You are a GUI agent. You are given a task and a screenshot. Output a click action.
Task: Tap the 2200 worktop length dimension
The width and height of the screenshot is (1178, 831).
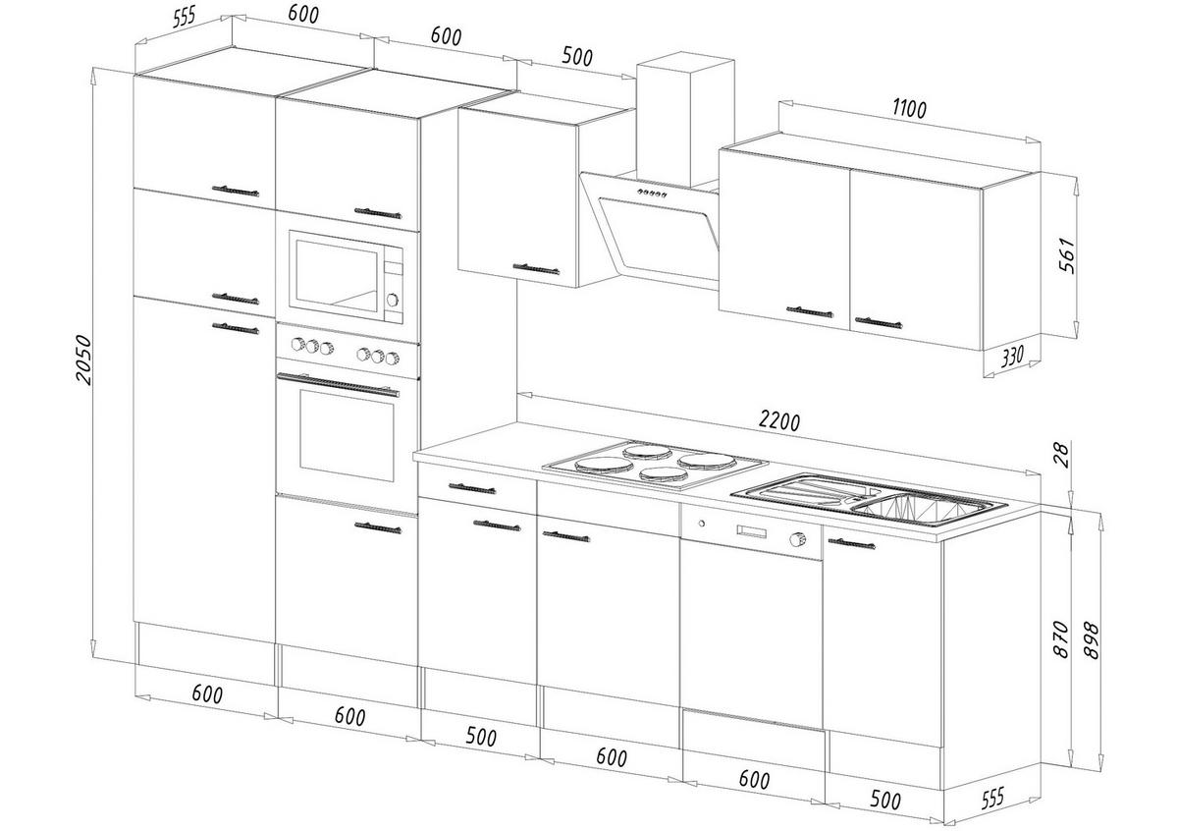pos(779,420)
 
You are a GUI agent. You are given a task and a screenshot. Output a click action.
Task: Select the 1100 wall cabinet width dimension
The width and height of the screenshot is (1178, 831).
pos(910,109)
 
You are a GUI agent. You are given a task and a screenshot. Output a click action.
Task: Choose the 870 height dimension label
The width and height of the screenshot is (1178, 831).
pos(1059,638)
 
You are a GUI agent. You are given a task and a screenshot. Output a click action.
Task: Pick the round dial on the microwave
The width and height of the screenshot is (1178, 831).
pos(393,300)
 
